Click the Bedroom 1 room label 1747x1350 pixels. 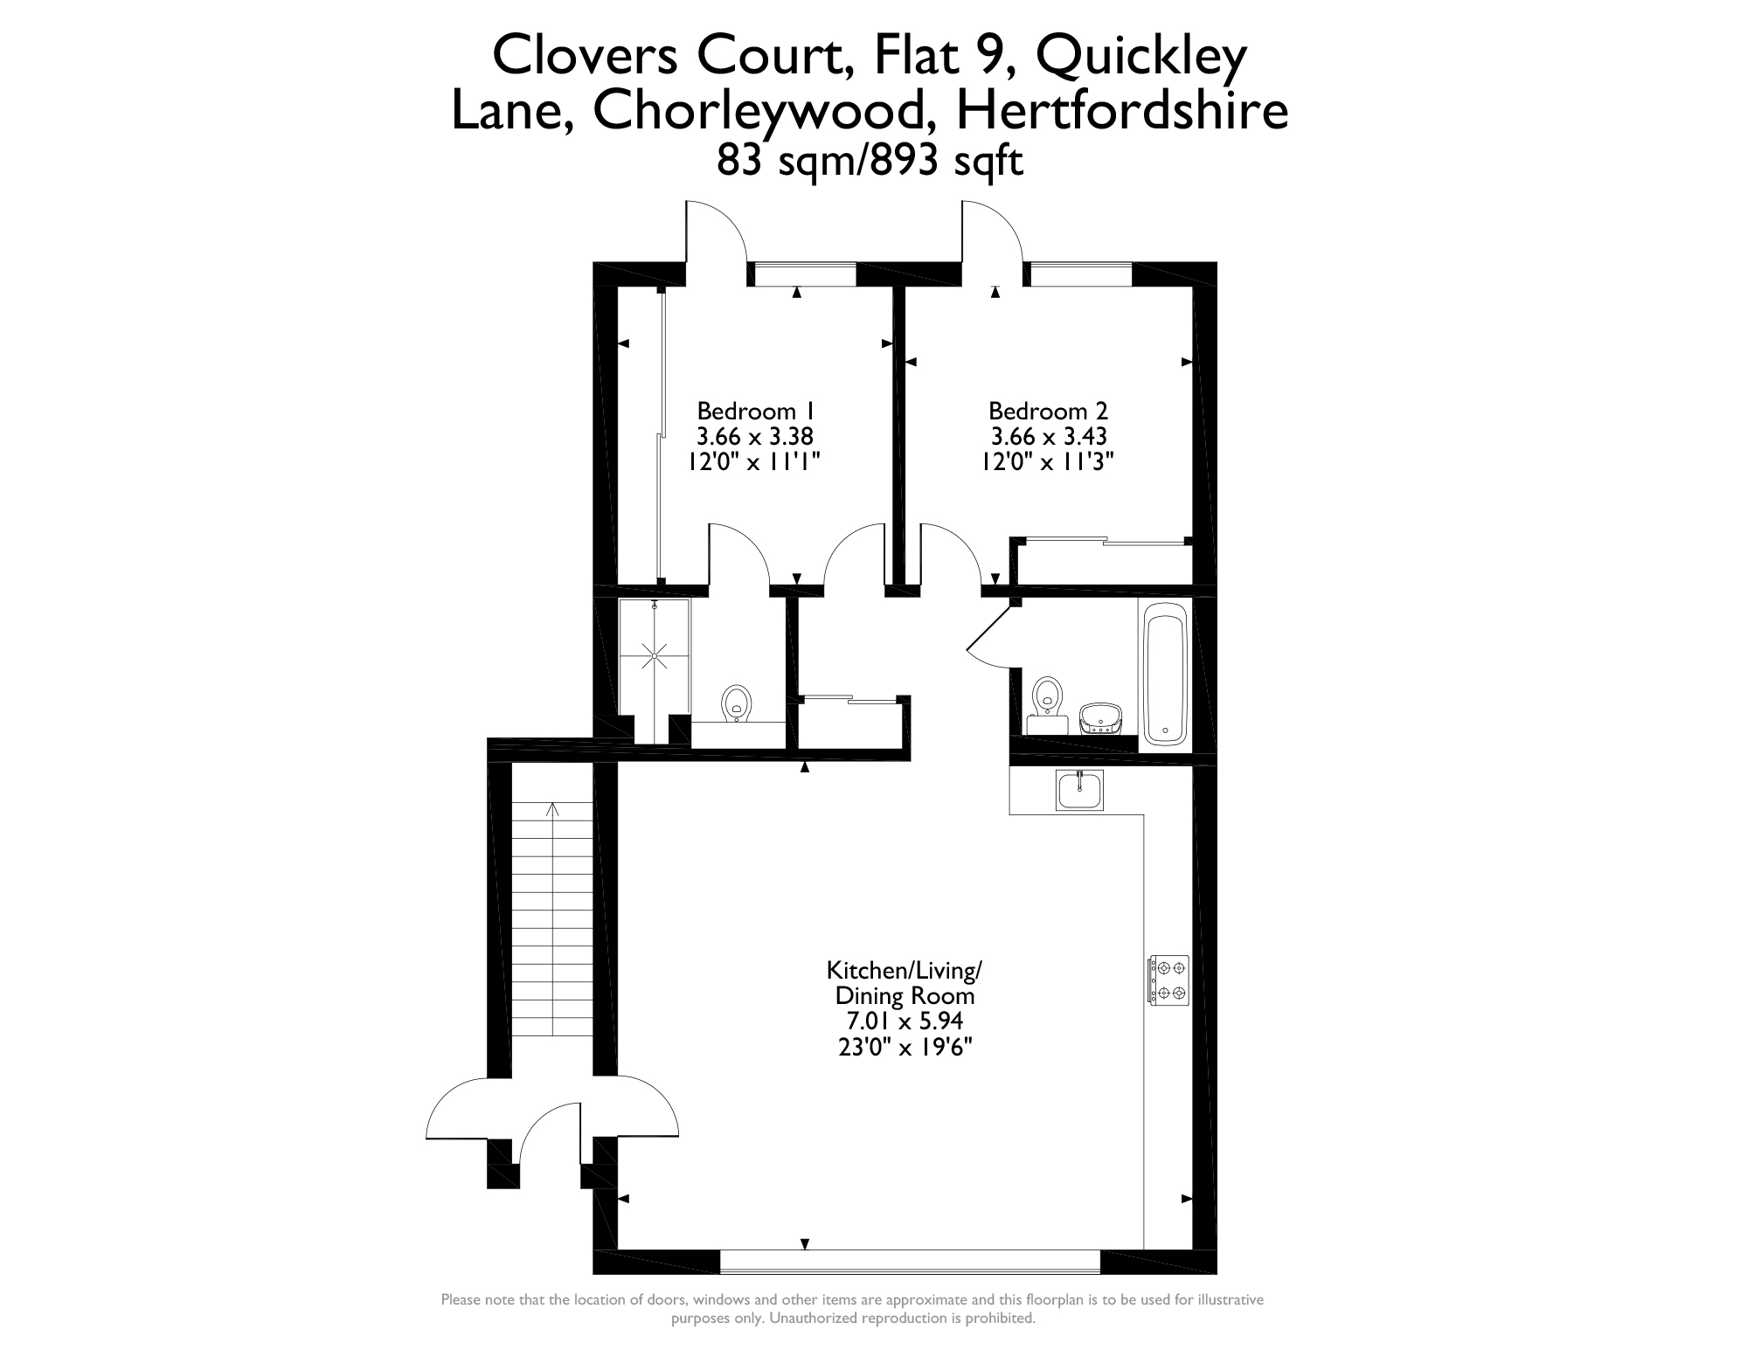click(x=756, y=411)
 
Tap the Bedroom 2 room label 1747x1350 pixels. click(x=1048, y=411)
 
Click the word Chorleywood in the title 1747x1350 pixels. click(x=761, y=112)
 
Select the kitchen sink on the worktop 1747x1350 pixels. click(x=1079, y=790)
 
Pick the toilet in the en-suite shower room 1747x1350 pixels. click(x=738, y=703)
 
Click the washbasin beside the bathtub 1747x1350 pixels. click(x=1100, y=719)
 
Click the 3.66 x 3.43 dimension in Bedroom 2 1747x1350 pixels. click(x=1049, y=435)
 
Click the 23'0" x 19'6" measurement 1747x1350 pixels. click(x=905, y=1046)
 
